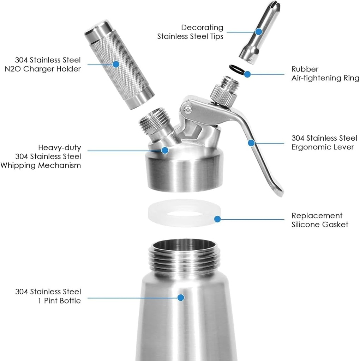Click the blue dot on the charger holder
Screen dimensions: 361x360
click(116, 64)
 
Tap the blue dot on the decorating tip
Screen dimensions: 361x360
click(259, 31)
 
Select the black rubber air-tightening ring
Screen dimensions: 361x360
click(236, 69)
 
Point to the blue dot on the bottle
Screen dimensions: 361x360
click(181, 298)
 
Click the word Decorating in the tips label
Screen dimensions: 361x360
click(202, 27)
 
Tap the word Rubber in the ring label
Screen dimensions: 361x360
click(305, 69)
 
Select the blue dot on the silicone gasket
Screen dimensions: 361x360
click(217, 219)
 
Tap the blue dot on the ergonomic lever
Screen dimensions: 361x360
click(251, 143)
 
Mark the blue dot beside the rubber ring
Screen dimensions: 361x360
click(247, 74)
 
